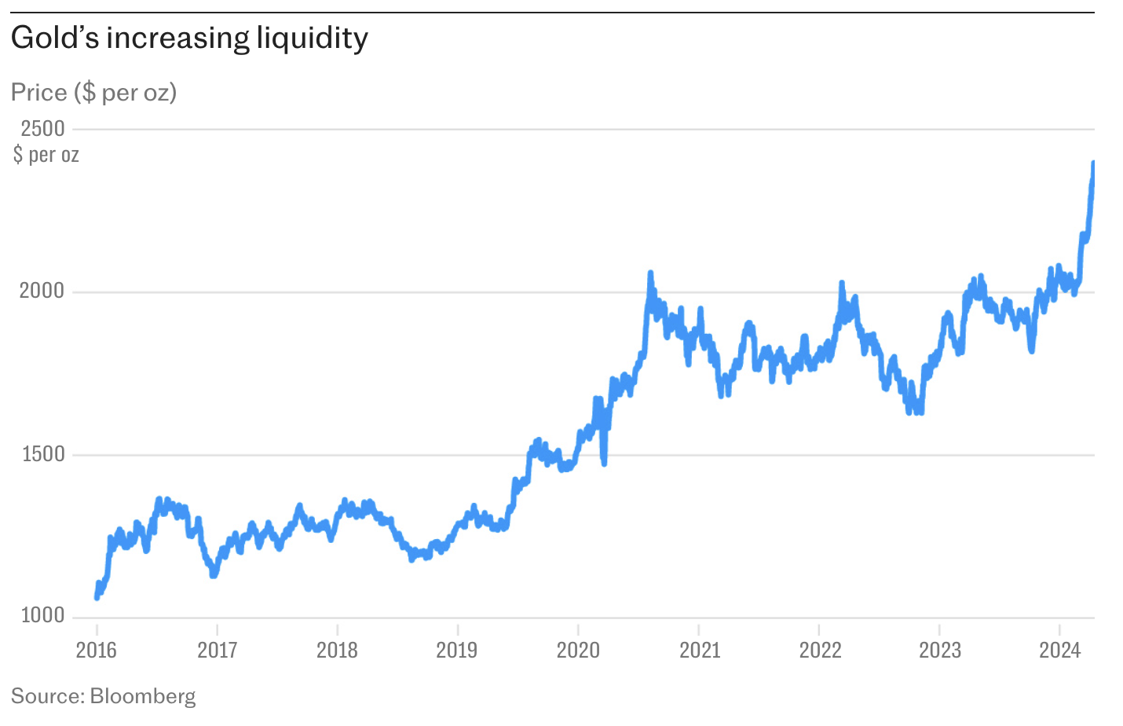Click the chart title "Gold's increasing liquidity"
click(x=189, y=38)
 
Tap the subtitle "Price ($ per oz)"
click(x=93, y=93)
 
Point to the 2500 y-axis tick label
click(x=42, y=128)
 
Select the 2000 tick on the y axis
click(x=42, y=291)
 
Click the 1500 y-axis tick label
click(x=42, y=454)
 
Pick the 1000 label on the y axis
click(x=42, y=616)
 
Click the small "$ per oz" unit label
click(x=46, y=154)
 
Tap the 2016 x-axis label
click(x=96, y=650)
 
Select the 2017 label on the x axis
click(x=217, y=650)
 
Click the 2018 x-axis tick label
click(x=337, y=650)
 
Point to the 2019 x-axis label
click(x=457, y=650)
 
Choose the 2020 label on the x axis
click(x=578, y=650)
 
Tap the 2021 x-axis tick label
click(x=699, y=650)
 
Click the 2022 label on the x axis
click(x=820, y=650)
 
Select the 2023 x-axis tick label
click(x=940, y=650)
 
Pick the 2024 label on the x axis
click(x=1060, y=650)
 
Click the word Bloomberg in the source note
click(x=142, y=696)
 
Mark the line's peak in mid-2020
click(x=650, y=273)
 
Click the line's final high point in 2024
click(x=1093, y=163)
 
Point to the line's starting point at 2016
click(x=97, y=597)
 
